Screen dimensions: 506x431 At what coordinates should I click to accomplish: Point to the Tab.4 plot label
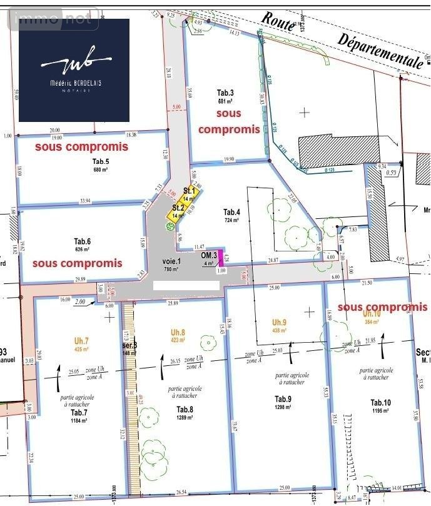click(x=232, y=212)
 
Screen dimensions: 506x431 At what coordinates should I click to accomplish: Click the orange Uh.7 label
click(x=82, y=341)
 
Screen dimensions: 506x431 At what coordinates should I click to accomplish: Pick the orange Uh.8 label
click(x=178, y=332)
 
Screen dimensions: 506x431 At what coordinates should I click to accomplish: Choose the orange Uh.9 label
click(x=280, y=322)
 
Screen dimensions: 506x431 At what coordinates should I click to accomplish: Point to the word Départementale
click(x=378, y=49)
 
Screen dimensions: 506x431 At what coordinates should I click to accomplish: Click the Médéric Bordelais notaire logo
click(x=74, y=70)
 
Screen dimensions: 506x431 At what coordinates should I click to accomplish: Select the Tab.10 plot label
click(x=380, y=402)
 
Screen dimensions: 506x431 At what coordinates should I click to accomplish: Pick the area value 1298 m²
click(x=283, y=407)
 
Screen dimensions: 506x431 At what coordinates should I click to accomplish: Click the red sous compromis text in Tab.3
click(x=228, y=121)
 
